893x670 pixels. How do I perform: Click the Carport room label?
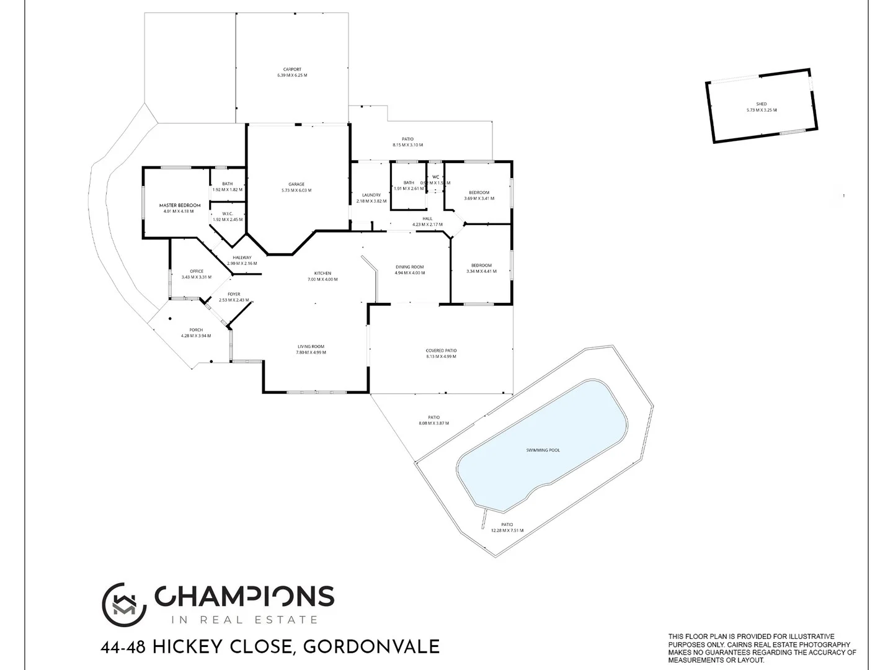(x=292, y=69)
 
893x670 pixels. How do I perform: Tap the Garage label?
(x=296, y=184)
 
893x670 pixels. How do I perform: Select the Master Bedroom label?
(x=180, y=205)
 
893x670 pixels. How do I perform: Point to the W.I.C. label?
(x=228, y=214)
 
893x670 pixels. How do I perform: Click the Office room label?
(x=197, y=271)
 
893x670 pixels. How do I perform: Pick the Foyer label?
(x=234, y=294)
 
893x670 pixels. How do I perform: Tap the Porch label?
(x=196, y=330)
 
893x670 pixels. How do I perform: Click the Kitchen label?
(x=322, y=274)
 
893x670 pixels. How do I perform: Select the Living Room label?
(x=311, y=347)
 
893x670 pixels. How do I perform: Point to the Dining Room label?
(x=410, y=267)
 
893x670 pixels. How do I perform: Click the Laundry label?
(x=371, y=195)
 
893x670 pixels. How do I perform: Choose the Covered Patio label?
(x=441, y=351)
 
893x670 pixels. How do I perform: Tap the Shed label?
(x=762, y=104)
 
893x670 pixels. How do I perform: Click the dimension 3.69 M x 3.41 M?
(x=479, y=199)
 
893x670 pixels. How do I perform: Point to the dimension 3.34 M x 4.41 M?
(x=481, y=271)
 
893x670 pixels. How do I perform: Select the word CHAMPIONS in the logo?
(x=244, y=596)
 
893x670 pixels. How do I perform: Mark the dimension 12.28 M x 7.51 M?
(x=507, y=530)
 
